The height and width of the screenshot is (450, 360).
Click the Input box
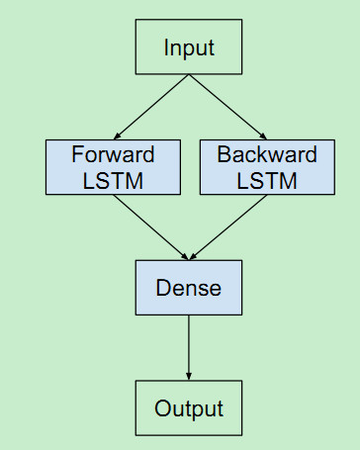point(188,47)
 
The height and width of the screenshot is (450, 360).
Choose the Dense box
point(188,288)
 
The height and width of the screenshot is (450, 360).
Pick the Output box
point(188,408)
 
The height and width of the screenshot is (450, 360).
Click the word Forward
point(114,154)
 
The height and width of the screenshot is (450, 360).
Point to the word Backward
point(267,154)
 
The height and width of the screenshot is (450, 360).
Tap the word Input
point(188,47)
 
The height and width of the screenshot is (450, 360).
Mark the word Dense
point(188,288)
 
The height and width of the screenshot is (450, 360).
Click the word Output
point(188,408)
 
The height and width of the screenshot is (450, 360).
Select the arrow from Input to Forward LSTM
point(151,106)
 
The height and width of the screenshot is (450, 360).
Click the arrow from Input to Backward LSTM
point(227,106)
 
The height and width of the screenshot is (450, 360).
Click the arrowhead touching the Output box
point(188,376)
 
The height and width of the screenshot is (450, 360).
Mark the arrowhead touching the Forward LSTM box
point(119,135)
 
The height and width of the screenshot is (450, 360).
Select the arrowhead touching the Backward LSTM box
point(261,135)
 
